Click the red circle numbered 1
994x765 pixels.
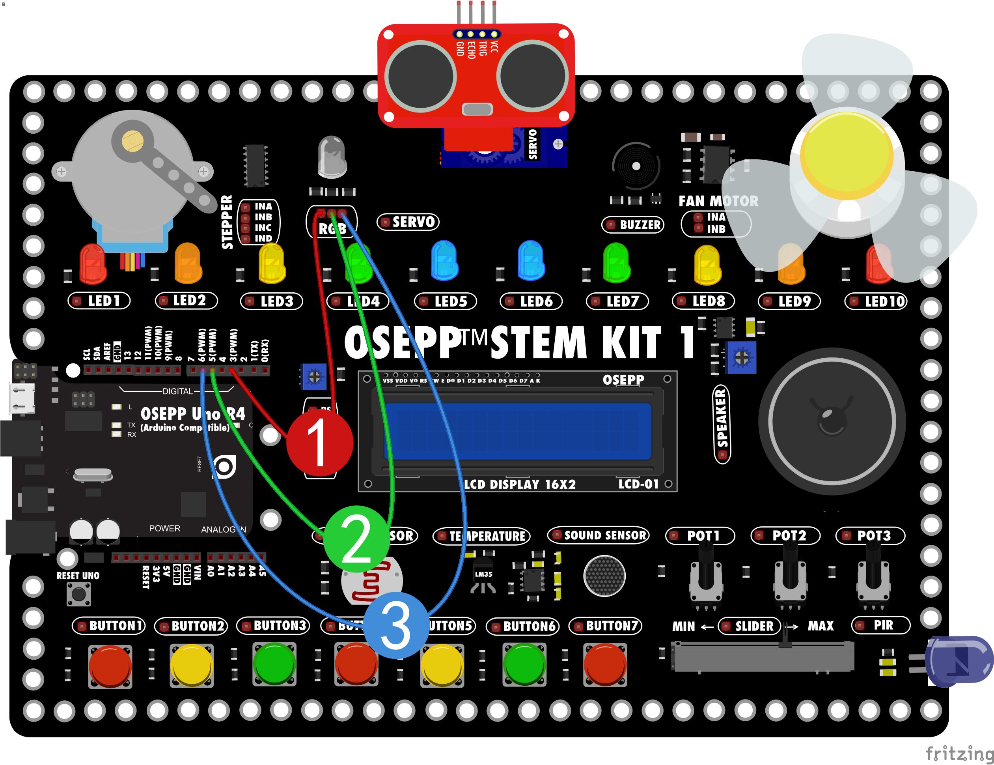[319, 443]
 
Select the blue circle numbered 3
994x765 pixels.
[395, 625]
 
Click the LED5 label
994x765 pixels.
[446, 301]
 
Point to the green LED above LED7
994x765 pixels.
[616, 263]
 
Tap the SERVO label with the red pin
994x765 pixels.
[408, 222]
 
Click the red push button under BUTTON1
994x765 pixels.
[110, 666]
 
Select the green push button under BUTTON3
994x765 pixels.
[274, 664]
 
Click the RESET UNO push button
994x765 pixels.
[79, 594]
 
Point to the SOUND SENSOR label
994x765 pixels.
[598, 535]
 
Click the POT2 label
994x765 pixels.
[785, 535]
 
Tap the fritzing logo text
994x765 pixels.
[959, 753]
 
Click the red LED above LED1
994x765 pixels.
[93, 263]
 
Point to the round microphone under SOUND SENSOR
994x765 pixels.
[604, 576]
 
